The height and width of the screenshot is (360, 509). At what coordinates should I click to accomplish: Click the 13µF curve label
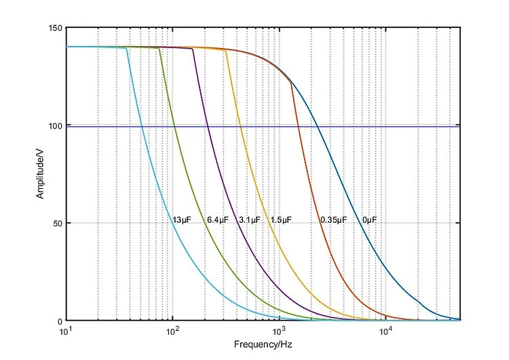click(181, 220)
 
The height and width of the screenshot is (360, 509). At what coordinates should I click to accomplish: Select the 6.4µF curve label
click(217, 220)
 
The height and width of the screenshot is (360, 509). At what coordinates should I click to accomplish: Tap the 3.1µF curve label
click(249, 220)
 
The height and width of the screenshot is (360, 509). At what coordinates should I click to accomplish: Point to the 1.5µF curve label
click(281, 220)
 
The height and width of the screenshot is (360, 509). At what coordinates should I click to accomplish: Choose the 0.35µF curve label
click(333, 220)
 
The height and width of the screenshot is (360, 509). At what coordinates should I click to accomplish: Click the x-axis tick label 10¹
click(67, 331)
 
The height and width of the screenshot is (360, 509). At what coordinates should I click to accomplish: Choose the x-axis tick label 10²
click(172, 331)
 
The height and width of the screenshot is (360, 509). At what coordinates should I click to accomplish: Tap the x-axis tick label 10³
click(279, 331)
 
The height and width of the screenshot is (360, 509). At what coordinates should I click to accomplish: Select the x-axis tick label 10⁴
click(385, 331)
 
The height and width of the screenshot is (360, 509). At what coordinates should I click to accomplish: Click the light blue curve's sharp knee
click(128, 48)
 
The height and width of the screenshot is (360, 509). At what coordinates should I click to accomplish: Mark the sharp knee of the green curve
click(159, 49)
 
